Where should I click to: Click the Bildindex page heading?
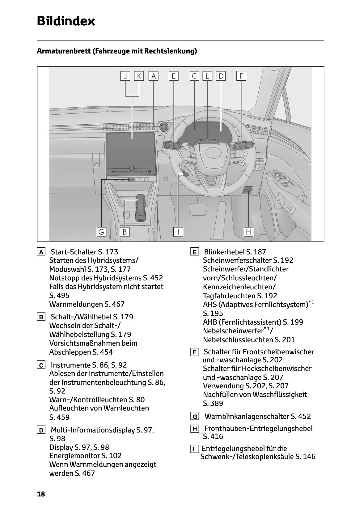pos(66,21)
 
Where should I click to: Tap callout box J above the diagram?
pos(125,76)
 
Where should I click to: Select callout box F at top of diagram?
pos(241,76)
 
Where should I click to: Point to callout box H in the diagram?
pos(248,232)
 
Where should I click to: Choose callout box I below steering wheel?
pos(178,232)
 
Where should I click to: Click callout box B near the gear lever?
pos(125,232)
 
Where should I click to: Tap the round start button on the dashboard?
pos(163,126)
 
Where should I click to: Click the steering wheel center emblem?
pos(212,151)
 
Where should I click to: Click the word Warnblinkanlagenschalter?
pos(247,416)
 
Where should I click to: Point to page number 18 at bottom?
pos(41,494)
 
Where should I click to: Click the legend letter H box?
pos(195,429)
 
